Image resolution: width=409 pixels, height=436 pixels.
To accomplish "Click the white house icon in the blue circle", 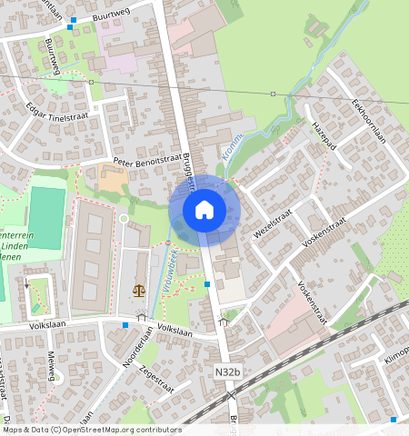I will (x=204, y=211).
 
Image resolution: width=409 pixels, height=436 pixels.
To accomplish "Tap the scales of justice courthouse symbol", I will (x=138, y=291).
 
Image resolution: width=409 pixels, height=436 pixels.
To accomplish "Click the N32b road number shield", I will (x=229, y=372).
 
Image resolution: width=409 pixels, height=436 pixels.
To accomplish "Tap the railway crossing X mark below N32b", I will (x=233, y=393).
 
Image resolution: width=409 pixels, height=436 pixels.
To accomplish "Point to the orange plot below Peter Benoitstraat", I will (x=112, y=179).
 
